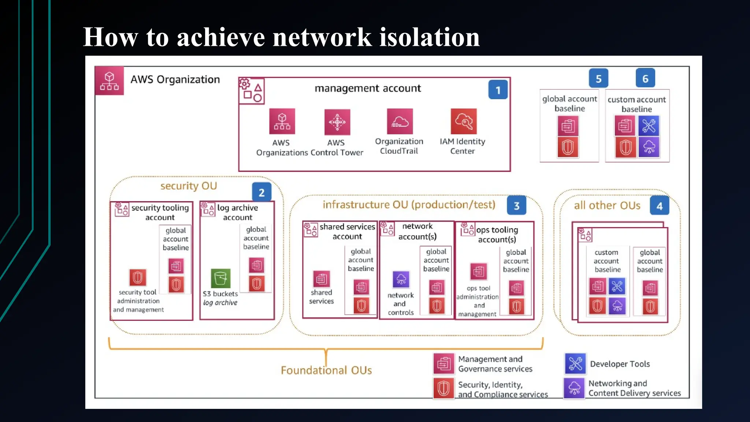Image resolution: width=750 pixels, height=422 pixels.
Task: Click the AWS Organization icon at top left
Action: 109,81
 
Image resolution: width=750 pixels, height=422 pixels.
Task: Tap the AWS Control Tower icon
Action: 337,122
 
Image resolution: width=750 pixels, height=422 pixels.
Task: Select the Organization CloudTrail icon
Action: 400,122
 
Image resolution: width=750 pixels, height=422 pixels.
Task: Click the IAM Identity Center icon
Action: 463,121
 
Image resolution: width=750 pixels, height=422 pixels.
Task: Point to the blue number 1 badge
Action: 498,90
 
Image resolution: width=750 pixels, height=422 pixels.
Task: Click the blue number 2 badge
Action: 261,192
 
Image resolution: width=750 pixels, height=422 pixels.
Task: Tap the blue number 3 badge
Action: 516,206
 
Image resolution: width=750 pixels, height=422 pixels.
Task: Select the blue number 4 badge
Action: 659,206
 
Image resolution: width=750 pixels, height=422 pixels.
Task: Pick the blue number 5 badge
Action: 598,78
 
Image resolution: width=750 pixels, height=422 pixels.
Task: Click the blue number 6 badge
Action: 645,78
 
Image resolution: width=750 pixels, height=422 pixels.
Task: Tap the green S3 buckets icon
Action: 220,278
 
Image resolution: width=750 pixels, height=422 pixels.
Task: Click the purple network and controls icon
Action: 401,280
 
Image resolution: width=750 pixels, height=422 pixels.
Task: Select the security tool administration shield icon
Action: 138,278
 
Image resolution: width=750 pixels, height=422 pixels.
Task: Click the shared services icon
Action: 321,280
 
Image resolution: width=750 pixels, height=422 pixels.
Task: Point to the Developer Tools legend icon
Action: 575,363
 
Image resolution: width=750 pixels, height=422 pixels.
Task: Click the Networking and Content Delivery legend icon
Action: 574,388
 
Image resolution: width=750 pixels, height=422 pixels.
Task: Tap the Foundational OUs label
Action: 326,370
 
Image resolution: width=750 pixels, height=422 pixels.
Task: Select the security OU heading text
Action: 189,186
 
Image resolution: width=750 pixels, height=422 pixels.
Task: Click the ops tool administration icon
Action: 478,271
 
